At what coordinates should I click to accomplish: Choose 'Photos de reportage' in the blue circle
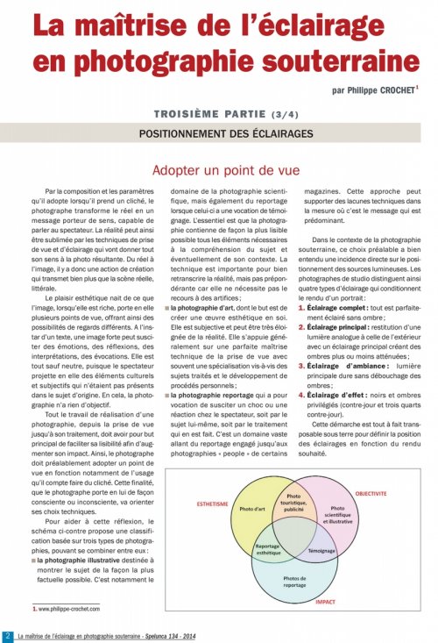[294, 583]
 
